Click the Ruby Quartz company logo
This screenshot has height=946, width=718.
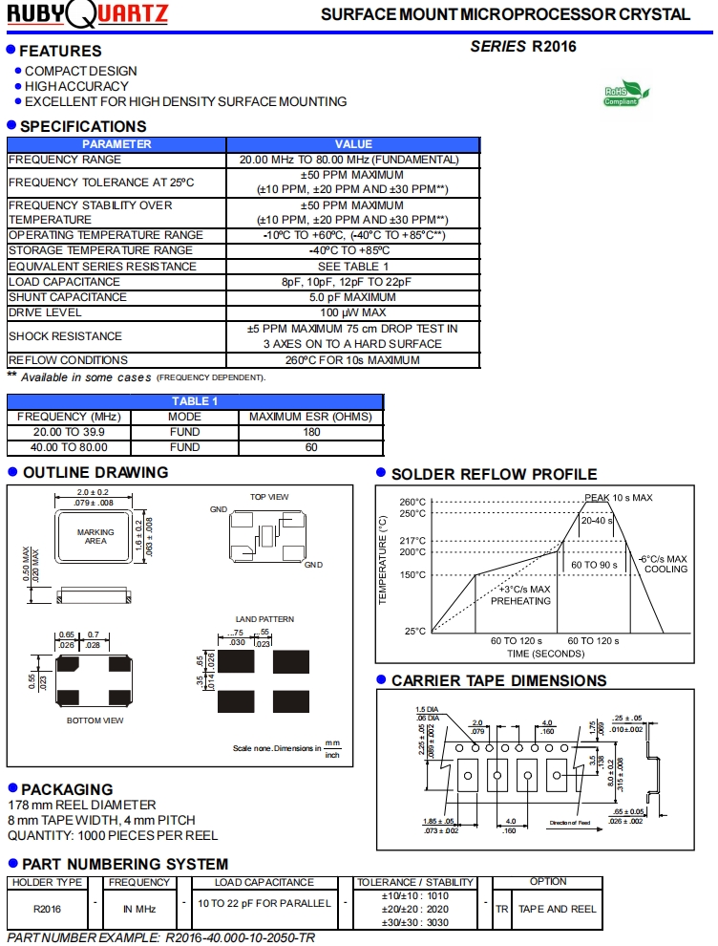pyautogui.click(x=88, y=14)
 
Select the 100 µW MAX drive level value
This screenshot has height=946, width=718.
pyautogui.click(x=352, y=312)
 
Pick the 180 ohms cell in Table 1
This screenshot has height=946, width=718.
pyautogui.click(x=311, y=432)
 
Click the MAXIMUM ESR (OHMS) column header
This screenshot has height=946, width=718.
pyautogui.click(x=311, y=417)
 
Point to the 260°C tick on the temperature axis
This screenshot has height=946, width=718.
pyautogui.click(x=412, y=503)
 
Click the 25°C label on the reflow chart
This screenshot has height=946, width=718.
pyautogui.click(x=412, y=632)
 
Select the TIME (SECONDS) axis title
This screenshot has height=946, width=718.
pyautogui.click(x=545, y=654)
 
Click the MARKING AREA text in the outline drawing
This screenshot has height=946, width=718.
pyautogui.click(x=95, y=537)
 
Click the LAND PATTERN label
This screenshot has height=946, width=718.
pyautogui.click(x=264, y=619)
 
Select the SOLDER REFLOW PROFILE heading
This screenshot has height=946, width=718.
pyautogui.click(x=494, y=474)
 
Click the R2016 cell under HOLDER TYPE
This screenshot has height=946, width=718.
pyautogui.click(x=47, y=909)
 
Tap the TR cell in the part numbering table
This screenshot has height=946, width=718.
pyautogui.click(x=502, y=909)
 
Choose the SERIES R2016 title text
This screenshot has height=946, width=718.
pyautogui.click(x=523, y=46)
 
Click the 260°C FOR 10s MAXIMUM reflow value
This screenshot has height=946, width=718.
pyautogui.click(x=352, y=360)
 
